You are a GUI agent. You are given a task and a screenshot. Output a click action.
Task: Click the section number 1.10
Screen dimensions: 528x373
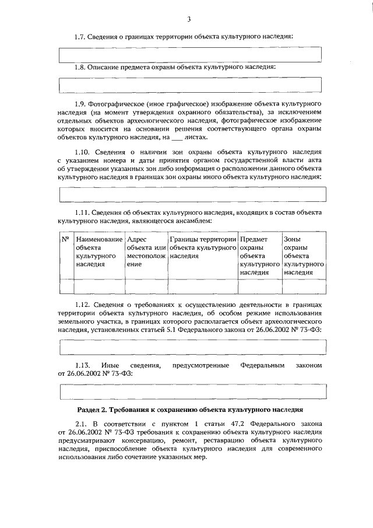(83, 151)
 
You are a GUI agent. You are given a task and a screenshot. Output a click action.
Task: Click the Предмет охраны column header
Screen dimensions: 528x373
(259, 256)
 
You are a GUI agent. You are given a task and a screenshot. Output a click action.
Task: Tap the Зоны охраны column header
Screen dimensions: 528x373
(303, 256)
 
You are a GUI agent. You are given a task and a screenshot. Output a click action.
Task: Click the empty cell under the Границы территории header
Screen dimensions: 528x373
(203, 286)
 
